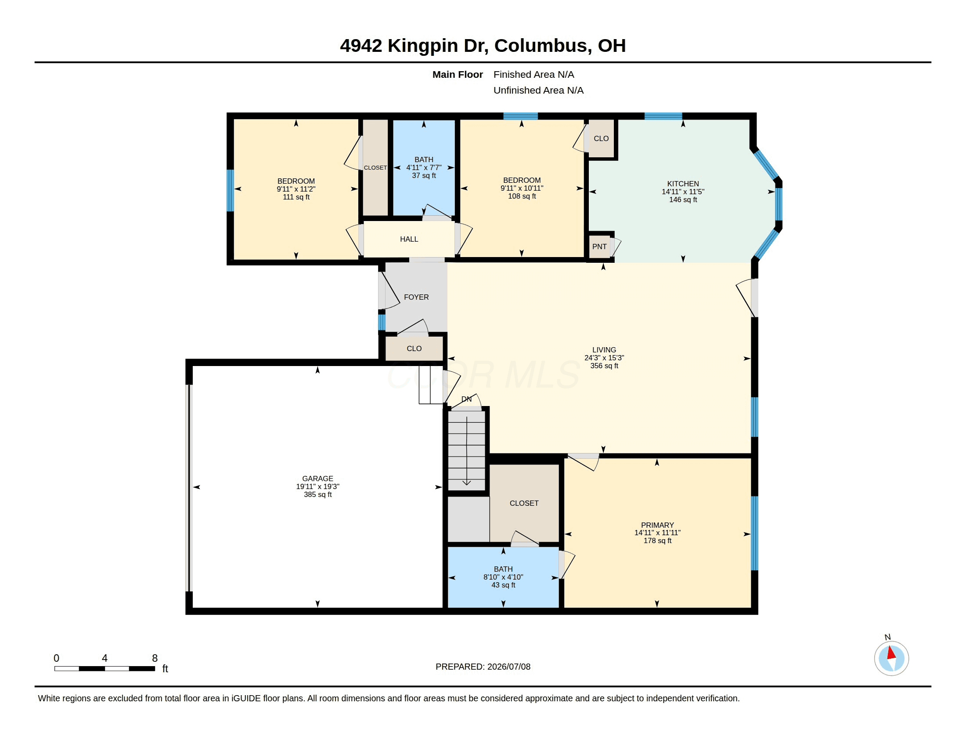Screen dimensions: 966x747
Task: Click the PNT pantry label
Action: [599, 247]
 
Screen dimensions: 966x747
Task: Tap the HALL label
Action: [409, 239]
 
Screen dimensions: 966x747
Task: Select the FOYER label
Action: [416, 297]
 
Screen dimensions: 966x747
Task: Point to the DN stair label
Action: [466, 399]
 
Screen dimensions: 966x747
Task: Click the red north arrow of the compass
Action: [892, 653]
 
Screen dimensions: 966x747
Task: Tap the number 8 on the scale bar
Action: [155, 658]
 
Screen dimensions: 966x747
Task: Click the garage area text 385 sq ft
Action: [317, 494]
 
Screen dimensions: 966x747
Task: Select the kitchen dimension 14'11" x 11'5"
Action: [683, 192]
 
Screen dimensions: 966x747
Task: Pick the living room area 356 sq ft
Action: [604, 366]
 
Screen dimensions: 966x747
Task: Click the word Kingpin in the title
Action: [422, 46]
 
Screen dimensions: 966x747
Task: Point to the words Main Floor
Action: [458, 74]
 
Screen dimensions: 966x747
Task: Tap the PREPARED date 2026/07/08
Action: [508, 667]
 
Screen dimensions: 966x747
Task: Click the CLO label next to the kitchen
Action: [601, 138]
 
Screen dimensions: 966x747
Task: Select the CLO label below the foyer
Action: [414, 349]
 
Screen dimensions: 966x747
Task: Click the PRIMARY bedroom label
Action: [657, 525]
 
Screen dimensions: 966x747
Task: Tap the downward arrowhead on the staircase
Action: [466, 482]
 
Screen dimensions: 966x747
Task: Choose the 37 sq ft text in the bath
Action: [424, 175]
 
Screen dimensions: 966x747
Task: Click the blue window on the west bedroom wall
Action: [230, 190]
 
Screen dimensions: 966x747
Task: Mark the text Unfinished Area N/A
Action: [538, 90]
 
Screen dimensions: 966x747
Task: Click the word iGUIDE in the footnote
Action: [246, 698]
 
